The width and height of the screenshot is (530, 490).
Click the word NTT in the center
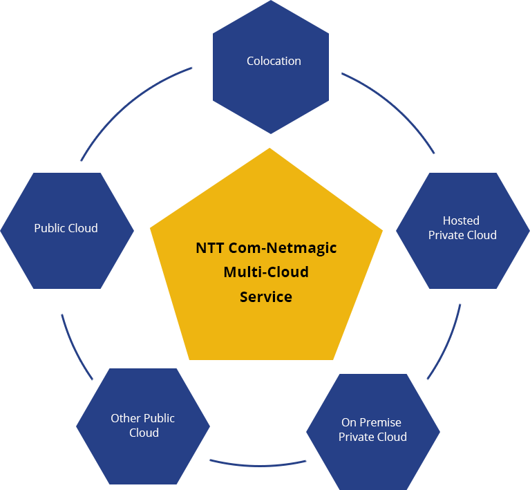click(x=209, y=247)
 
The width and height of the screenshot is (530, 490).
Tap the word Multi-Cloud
click(x=266, y=272)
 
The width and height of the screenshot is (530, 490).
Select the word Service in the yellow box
click(x=266, y=297)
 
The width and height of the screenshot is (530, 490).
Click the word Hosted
click(x=461, y=220)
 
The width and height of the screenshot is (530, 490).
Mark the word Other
click(x=125, y=418)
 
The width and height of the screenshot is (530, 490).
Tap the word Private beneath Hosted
click(x=446, y=235)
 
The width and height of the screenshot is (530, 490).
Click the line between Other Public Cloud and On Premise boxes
click(x=257, y=467)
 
